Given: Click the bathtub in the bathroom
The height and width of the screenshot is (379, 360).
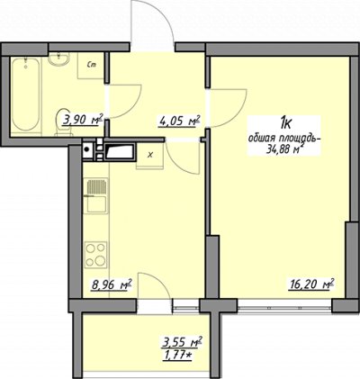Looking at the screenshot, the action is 25,95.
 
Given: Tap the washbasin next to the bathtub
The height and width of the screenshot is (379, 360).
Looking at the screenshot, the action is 59,59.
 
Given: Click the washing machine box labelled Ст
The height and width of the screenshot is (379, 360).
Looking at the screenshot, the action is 91,66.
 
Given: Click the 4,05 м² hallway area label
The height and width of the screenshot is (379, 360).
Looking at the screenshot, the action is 179,122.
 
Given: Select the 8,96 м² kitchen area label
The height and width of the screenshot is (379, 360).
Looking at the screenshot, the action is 112,284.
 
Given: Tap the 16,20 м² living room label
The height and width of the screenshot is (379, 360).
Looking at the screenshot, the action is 311,284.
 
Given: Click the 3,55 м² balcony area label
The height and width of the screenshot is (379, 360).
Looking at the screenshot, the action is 182,342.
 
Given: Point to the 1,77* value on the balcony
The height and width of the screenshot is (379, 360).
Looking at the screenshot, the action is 177,356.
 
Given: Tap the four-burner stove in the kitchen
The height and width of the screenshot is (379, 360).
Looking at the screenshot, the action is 96,255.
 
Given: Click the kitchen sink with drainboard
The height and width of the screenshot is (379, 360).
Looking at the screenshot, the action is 96,195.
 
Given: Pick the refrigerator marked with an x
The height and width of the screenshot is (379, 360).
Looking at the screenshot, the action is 150,156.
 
